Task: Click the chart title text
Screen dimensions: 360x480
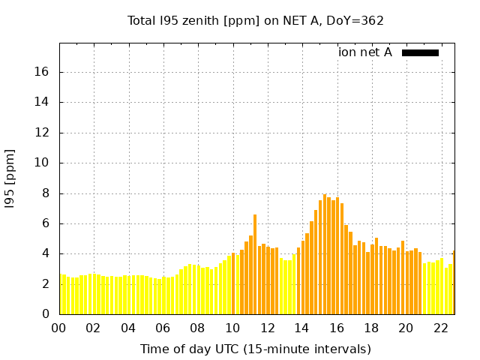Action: [x=255, y=21]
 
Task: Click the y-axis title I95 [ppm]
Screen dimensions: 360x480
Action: [x=10, y=179]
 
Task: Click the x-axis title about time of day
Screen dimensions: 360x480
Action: [x=255, y=349]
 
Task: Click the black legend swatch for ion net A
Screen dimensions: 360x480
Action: [x=420, y=52]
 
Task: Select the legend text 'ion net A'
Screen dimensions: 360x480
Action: [x=365, y=52]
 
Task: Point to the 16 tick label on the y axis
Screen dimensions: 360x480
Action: [x=43, y=72]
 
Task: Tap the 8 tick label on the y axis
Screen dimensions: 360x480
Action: [x=46, y=193]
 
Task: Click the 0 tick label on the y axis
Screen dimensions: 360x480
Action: [x=46, y=314]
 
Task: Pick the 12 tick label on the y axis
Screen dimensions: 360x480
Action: [x=43, y=133]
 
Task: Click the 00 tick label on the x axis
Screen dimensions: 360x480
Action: [x=58, y=328]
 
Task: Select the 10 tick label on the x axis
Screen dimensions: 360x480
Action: [x=232, y=328]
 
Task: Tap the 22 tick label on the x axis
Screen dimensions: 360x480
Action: [x=440, y=328]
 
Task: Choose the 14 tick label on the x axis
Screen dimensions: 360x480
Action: [x=301, y=328]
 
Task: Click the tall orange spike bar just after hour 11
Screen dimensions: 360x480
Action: [x=255, y=262]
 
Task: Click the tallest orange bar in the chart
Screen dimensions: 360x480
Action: [x=325, y=255]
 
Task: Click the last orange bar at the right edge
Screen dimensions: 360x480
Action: [x=454, y=283]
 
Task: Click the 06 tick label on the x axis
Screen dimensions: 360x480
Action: [x=163, y=328]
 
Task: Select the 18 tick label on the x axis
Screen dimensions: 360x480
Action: [x=371, y=328]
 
